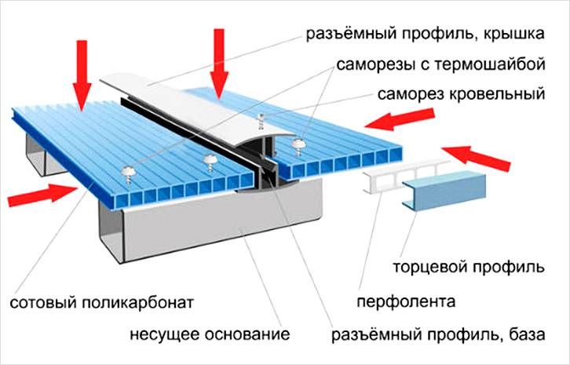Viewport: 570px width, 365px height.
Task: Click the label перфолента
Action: tap(406, 301)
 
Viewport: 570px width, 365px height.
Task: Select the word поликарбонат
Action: tap(140, 302)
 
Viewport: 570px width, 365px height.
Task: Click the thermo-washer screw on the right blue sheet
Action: tap(298, 144)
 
